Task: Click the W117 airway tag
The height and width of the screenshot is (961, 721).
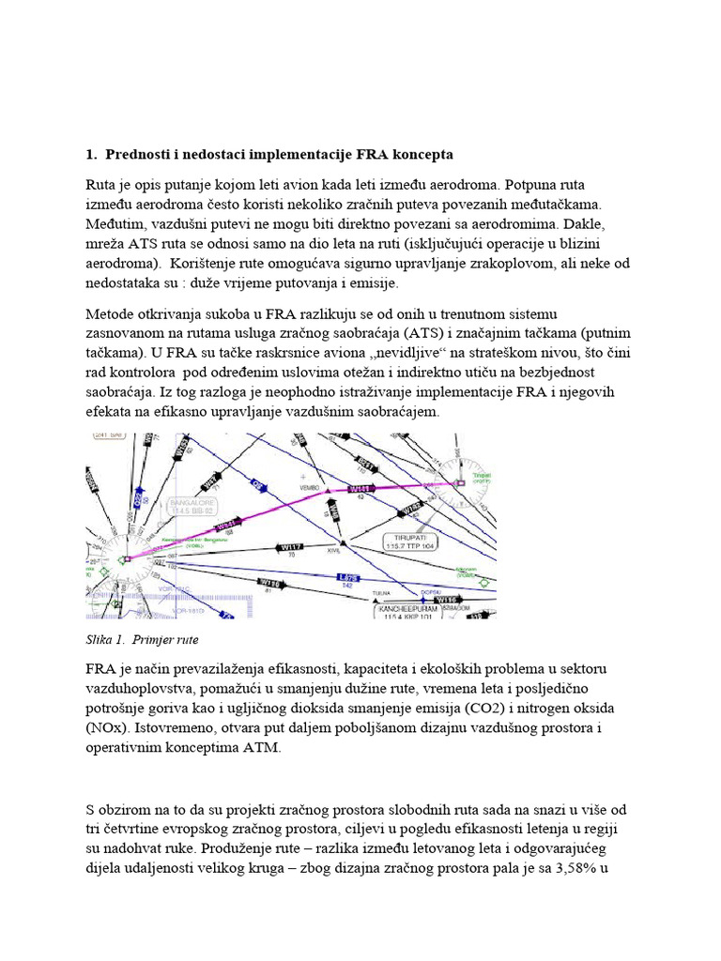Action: tap(293, 547)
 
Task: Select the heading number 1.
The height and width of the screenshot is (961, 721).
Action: tap(90, 154)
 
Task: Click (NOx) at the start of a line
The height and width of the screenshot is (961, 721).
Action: tap(110, 728)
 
